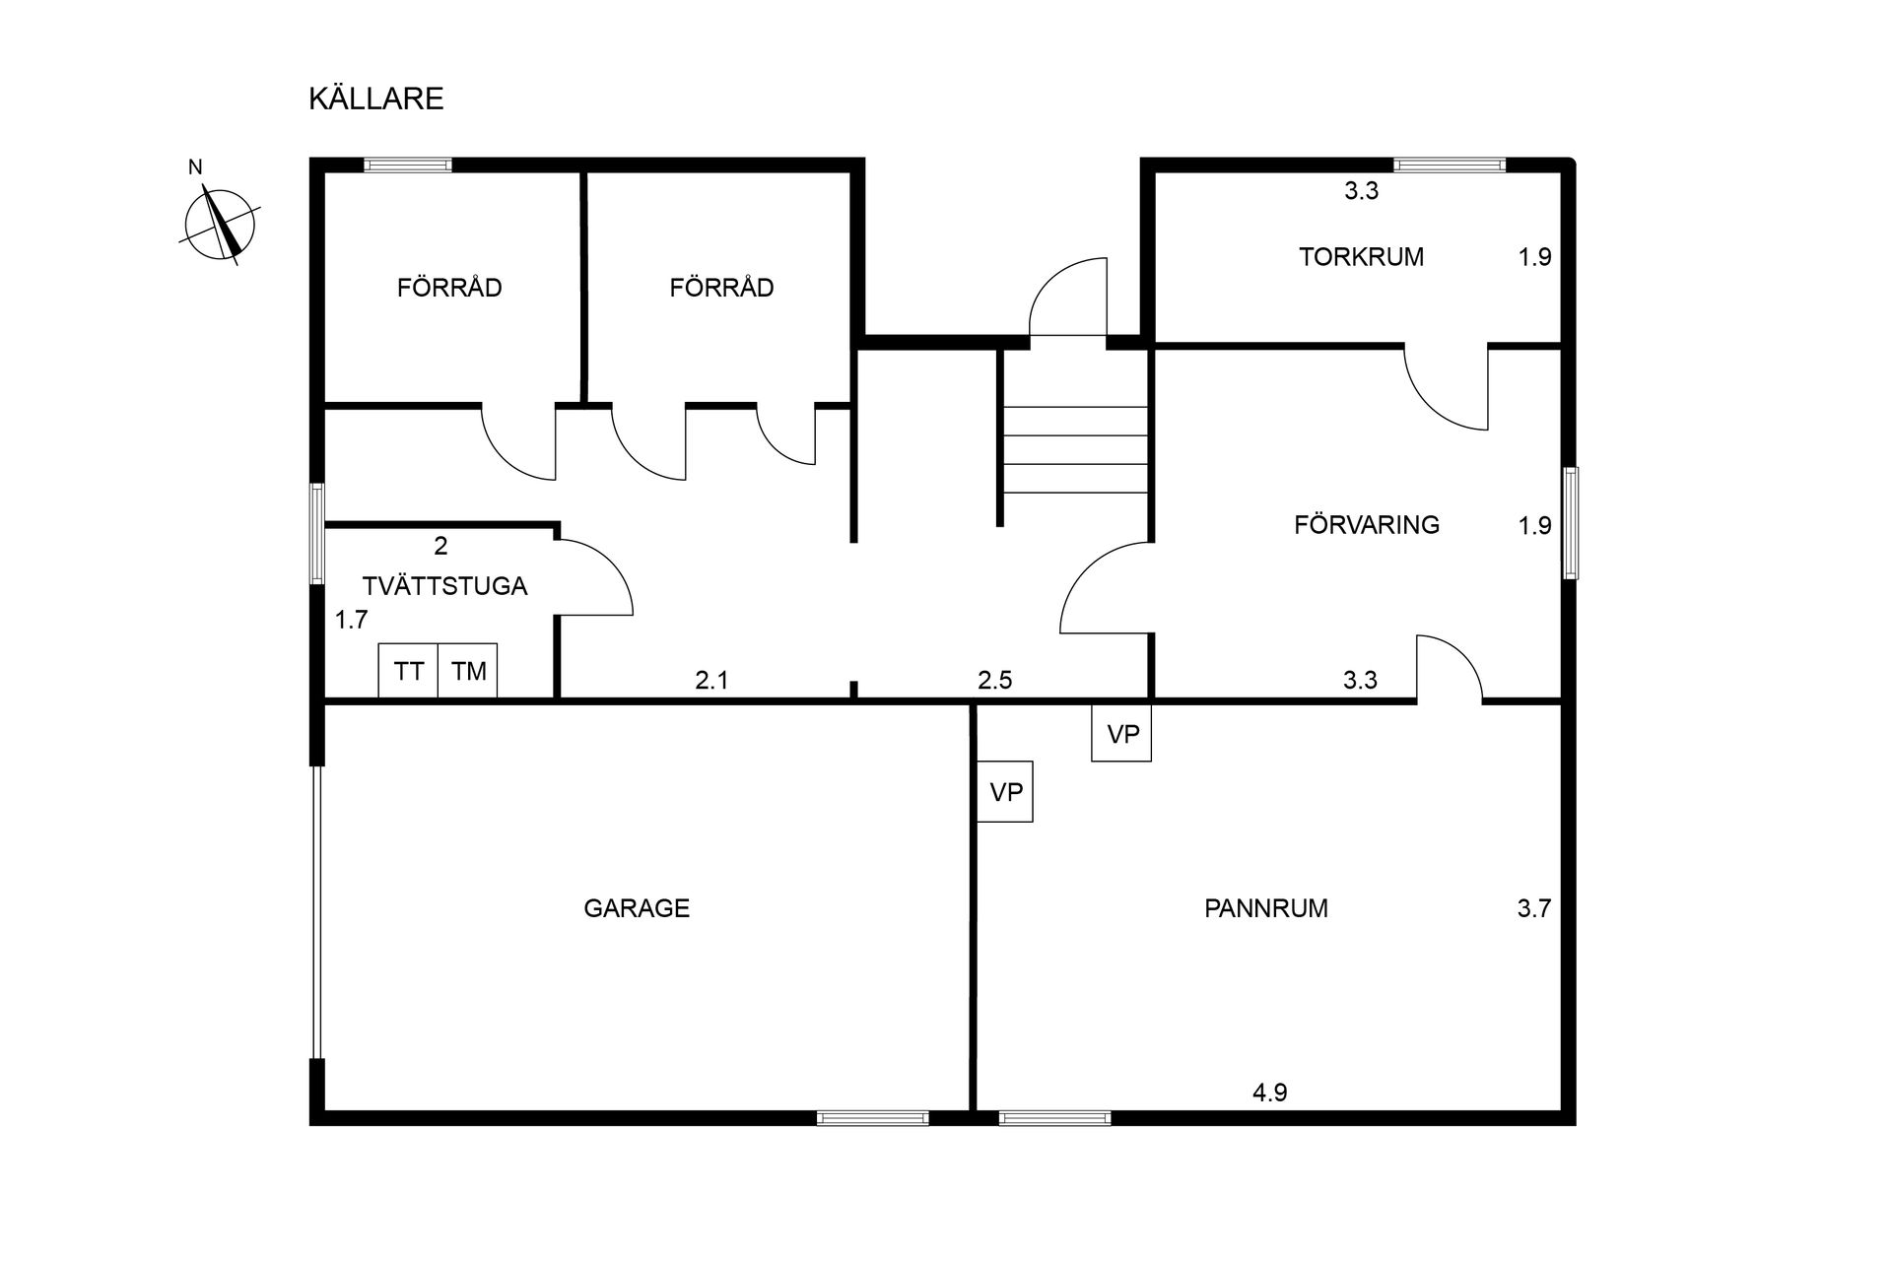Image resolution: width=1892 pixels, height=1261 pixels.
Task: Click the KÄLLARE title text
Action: (x=376, y=100)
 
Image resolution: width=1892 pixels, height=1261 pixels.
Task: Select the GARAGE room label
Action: (x=637, y=908)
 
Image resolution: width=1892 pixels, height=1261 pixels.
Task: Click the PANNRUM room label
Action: (x=1266, y=908)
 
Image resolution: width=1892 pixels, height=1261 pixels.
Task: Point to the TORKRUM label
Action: (x=1361, y=257)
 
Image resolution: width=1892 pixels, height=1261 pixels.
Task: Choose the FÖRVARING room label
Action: (x=1367, y=525)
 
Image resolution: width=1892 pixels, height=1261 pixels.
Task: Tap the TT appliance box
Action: (x=409, y=671)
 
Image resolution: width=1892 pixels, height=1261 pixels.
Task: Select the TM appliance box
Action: (x=468, y=671)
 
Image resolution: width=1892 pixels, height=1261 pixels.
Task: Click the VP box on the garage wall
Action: (x=1005, y=791)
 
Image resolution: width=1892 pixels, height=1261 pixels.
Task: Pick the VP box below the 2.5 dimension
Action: (x=1122, y=733)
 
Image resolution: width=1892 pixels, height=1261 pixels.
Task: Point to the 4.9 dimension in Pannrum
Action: (x=1270, y=1093)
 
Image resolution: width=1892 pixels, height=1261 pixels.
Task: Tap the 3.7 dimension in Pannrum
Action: (x=1534, y=908)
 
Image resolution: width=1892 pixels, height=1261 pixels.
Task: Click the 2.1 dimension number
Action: (x=711, y=680)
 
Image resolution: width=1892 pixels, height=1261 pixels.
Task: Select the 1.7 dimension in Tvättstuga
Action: (x=351, y=621)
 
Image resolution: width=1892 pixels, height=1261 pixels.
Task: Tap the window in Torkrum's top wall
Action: (x=1450, y=166)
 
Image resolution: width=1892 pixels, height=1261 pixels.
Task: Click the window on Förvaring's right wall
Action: (x=1570, y=523)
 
